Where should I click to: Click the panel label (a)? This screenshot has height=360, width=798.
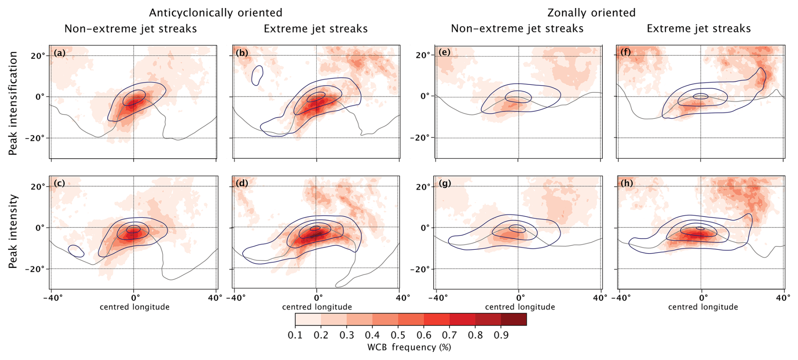[x=59, y=53]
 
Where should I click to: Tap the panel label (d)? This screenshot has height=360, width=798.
[x=243, y=183]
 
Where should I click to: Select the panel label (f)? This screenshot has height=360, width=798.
[x=626, y=53]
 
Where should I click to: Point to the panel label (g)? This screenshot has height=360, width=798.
[x=445, y=183]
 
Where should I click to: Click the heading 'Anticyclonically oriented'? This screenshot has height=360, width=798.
[x=216, y=13]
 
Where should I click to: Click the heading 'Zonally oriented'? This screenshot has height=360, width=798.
[x=591, y=13]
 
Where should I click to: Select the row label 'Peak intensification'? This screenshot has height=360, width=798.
[x=13, y=103]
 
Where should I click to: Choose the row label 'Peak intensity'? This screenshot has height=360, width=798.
[x=13, y=231]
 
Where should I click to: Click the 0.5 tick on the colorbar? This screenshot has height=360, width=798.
[x=398, y=335]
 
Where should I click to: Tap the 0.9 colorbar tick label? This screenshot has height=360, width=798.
[x=501, y=335]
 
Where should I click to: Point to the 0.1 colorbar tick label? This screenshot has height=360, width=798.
[x=295, y=335]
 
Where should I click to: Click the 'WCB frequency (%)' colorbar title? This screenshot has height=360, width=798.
[x=409, y=347]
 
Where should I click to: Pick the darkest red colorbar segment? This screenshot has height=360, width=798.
[x=514, y=319]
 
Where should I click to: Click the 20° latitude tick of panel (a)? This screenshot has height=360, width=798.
[x=38, y=56]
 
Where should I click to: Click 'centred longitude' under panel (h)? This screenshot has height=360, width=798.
[x=703, y=307]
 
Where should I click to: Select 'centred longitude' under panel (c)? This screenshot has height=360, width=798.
[x=135, y=307]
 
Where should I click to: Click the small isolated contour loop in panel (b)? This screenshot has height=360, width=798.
[x=257, y=76]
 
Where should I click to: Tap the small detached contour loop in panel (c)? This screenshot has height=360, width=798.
[x=76, y=251]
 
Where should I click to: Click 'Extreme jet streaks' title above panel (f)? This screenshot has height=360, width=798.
[x=699, y=29]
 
